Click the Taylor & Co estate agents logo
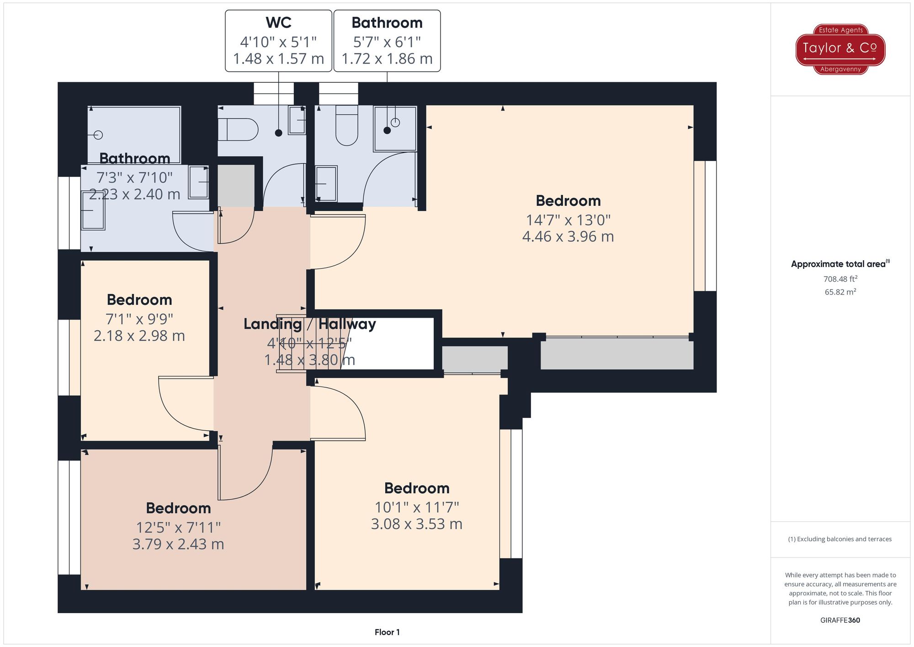840,49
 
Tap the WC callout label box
278,41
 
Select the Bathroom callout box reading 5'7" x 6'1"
387,41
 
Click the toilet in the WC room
238,129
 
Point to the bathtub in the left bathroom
134,135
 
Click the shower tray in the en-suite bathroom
395,128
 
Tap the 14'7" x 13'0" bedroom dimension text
568,220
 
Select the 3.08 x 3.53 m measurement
417,524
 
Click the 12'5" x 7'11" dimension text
178,528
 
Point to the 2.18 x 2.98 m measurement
139,336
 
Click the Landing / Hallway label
310,324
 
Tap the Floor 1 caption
387,632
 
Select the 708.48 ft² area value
840,278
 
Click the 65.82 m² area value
840,292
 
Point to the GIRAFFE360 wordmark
840,620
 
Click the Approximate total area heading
840,264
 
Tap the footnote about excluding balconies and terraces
840,539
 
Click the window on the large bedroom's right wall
705,226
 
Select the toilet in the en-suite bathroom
347,125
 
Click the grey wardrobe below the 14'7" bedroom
617,353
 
